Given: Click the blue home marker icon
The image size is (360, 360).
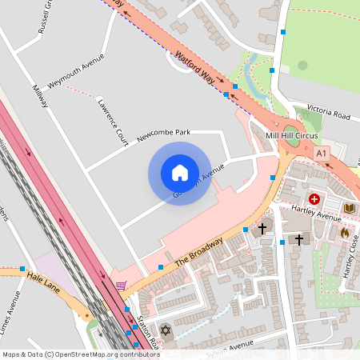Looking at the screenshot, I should pyautogui.click(x=179, y=173).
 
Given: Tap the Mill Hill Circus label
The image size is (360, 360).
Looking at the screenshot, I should pyautogui.click(x=291, y=136).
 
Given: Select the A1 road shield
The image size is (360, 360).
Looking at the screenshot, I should pyautogui.click(x=322, y=152).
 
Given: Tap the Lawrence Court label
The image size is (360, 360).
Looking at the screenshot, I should pyautogui.click(x=113, y=122).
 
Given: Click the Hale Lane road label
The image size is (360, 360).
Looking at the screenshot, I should pyautogui.click(x=43, y=278).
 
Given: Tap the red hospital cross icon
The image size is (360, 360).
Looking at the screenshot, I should pyautogui.click(x=314, y=198).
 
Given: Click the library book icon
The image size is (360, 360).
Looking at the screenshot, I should pyautogui.click(x=349, y=209).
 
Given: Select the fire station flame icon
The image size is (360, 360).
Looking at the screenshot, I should pyautogui.click(x=345, y=232).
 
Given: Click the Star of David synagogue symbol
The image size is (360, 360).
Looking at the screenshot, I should pyautogui.click(x=166, y=330).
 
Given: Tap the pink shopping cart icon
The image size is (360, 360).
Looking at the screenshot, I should pyautogui.click(x=121, y=285).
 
